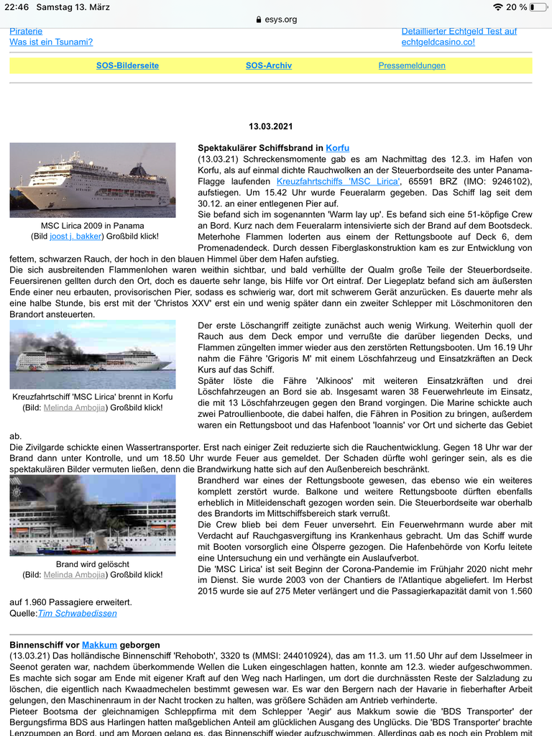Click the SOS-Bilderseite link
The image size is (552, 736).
(x=127, y=65)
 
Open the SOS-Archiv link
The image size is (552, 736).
(x=268, y=65)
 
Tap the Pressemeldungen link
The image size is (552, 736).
(x=412, y=65)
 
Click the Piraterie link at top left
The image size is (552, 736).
(x=26, y=31)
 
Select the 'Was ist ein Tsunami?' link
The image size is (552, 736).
(x=51, y=42)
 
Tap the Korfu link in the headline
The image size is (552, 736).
(x=338, y=148)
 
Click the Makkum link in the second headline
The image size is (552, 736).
(x=96, y=645)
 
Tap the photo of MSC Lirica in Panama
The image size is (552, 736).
(x=92, y=180)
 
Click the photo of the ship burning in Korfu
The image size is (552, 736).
(x=92, y=354)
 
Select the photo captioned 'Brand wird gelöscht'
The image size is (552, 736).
(x=92, y=515)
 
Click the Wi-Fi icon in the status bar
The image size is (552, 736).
(x=498, y=7)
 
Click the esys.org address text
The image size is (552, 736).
(x=280, y=19)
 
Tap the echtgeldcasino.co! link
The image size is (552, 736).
(x=438, y=42)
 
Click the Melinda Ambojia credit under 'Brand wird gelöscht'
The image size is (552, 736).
(x=77, y=574)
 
